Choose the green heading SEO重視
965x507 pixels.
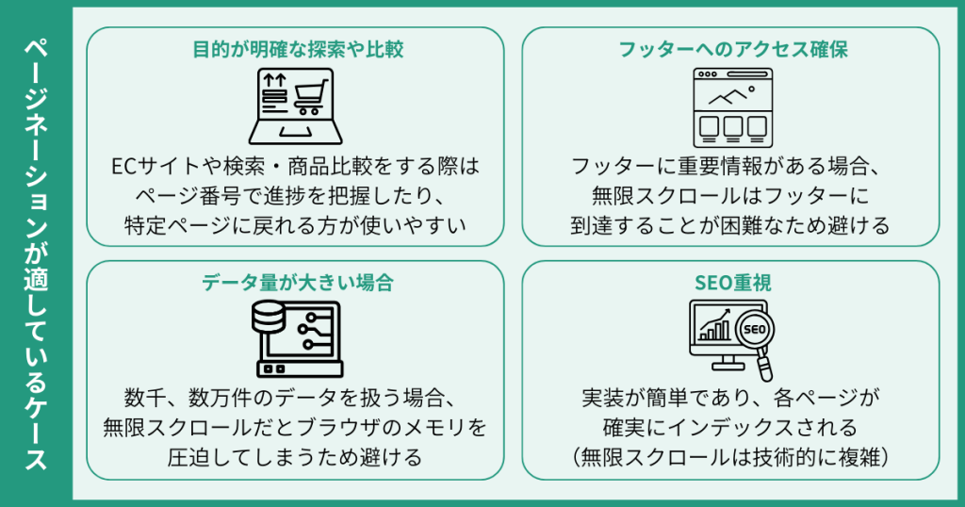pyautogui.click(x=731, y=282)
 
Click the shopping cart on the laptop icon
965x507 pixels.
pyautogui.click(x=310, y=94)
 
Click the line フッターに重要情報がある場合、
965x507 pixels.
pyautogui.click(x=731, y=167)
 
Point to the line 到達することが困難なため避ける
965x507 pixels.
pyautogui.click(x=731, y=225)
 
